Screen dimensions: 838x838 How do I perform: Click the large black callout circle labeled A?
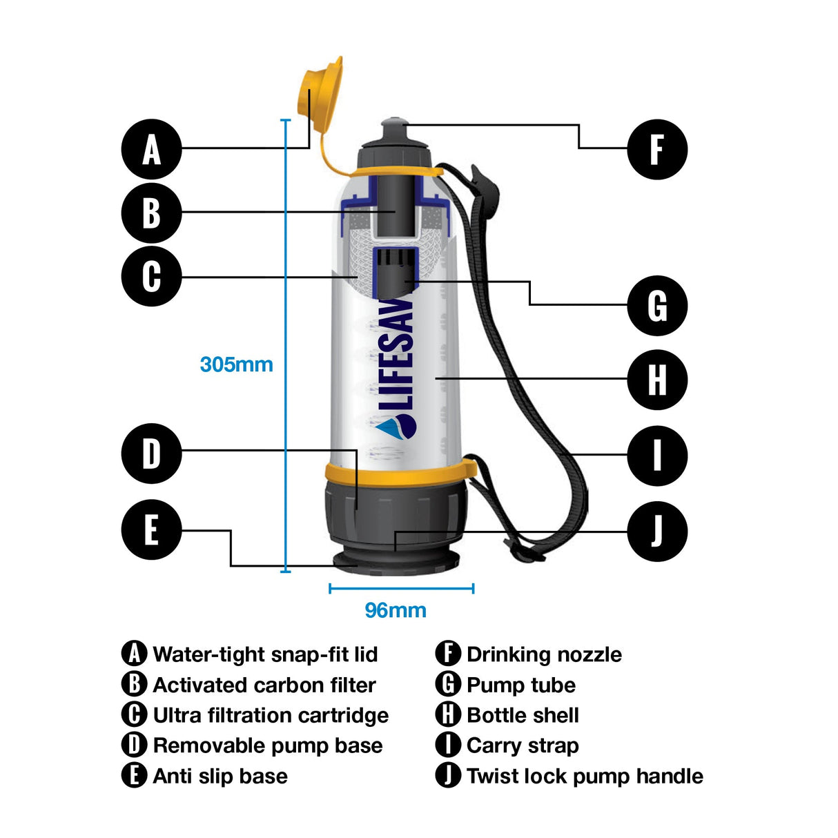151,149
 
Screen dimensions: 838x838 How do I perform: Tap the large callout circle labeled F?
656,149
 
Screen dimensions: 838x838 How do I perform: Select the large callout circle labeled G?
656,305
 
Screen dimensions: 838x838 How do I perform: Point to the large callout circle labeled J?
656,531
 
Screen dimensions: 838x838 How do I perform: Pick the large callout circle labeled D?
151,454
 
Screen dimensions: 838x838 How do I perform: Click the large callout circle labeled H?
656,380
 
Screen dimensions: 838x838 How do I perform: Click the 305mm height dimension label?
236,364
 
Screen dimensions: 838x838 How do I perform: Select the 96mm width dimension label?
396,610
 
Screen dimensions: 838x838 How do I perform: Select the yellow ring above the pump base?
400,471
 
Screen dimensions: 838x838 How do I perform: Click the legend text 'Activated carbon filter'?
264,685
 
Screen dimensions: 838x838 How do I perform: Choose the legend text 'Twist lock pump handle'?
585,776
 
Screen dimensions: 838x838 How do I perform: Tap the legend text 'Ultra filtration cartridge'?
271,715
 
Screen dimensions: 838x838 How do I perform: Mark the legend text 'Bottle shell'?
523,715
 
